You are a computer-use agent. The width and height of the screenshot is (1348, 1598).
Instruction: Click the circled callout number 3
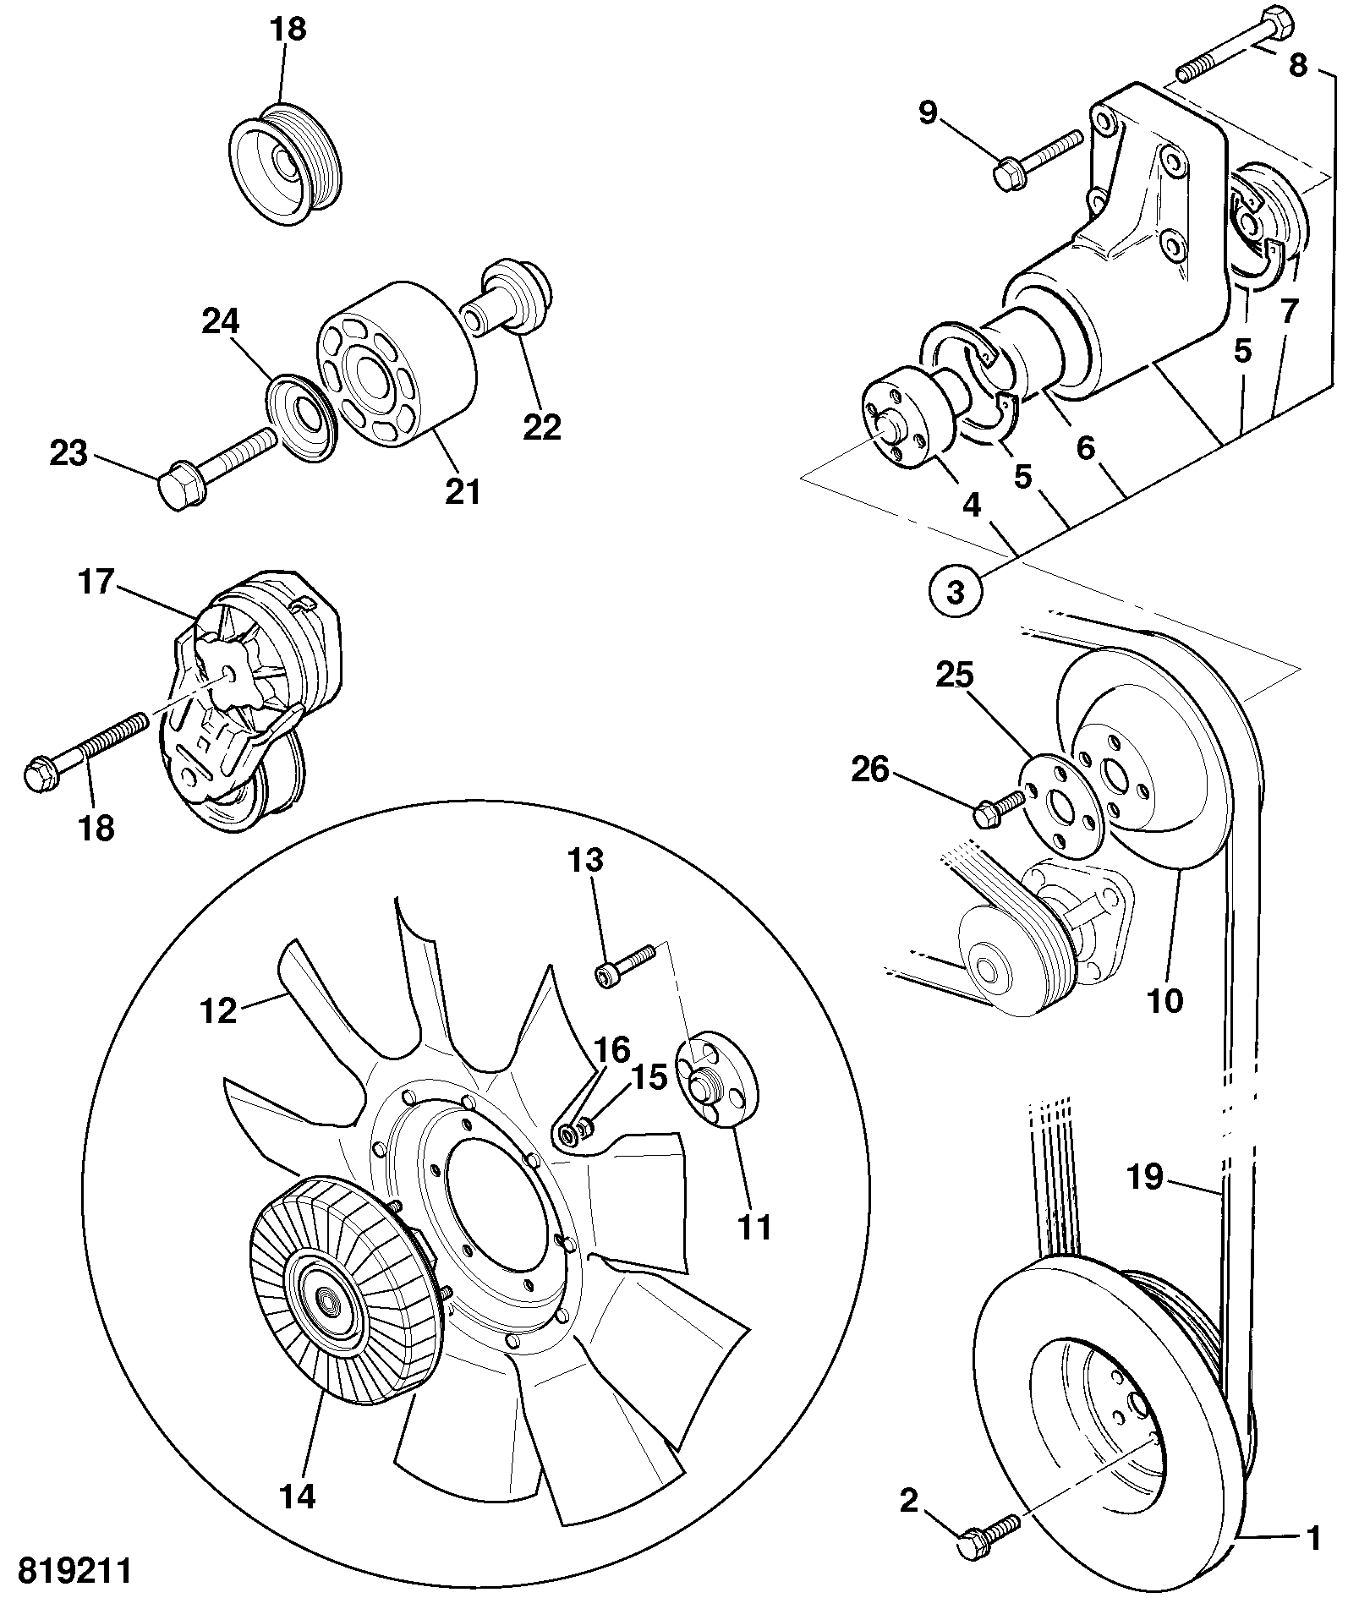pos(956,591)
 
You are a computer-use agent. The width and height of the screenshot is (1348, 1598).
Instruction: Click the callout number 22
pos(541,427)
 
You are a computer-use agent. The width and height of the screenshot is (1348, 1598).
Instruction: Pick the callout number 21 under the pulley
pos(462,490)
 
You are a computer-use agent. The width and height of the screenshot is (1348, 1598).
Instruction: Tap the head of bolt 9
pos(1006,176)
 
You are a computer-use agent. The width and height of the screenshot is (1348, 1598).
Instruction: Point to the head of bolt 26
pos(987,815)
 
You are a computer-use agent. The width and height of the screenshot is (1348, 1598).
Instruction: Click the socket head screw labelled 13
pos(627,965)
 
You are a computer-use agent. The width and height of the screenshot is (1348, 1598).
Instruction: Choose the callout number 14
pos(297,1497)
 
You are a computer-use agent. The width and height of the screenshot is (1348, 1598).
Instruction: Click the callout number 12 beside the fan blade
pos(217,1010)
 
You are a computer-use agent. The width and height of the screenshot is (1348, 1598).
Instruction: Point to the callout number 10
pos(1164,1000)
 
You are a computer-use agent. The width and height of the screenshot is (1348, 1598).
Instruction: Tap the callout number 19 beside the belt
pos(1145,1177)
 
